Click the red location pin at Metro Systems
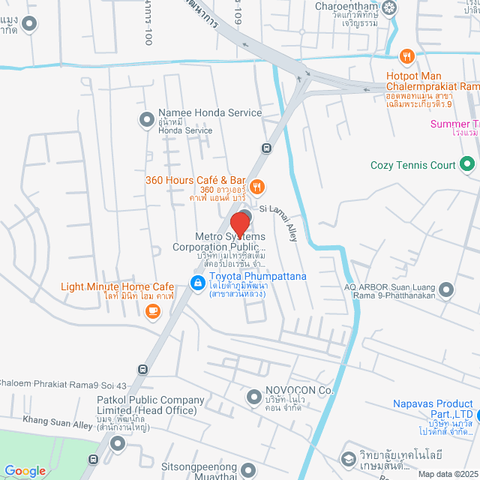(240, 223)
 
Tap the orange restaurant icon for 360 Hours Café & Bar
(256, 186)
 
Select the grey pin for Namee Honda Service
(146, 119)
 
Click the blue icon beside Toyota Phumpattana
(196, 283)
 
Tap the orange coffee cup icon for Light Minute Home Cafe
(153, 310)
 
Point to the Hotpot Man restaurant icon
(406, 55)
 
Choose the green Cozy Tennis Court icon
(467, 163)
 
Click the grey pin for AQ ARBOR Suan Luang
(447, 289)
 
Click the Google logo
(25, 470)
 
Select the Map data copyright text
(446, 473)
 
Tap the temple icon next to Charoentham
(390, 8)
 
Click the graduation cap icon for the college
(348, 457)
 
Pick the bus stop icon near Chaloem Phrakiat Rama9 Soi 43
(142, 370)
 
